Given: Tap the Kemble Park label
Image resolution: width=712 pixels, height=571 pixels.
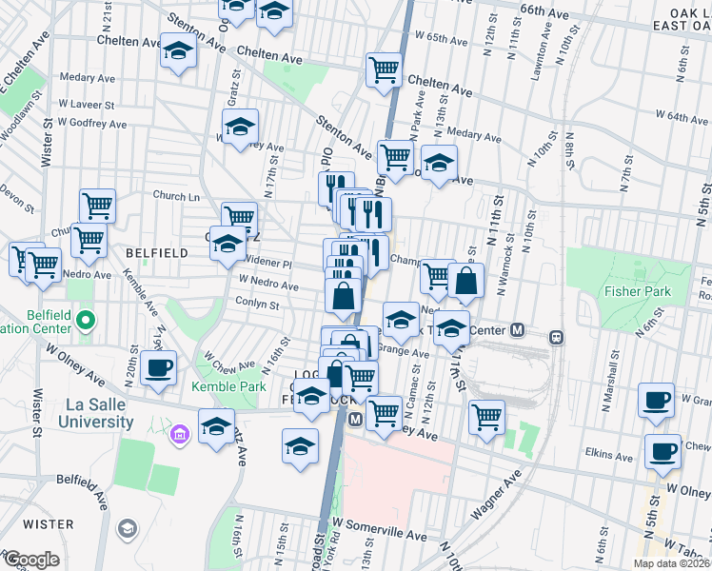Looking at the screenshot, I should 228,386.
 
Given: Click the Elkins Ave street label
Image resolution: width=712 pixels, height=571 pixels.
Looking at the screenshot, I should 610,457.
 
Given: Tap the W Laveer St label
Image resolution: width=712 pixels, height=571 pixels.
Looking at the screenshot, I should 87,105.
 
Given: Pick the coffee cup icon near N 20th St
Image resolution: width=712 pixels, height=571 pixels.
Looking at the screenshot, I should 158,367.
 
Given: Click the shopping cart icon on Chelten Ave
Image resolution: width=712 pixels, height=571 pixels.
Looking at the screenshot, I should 384,69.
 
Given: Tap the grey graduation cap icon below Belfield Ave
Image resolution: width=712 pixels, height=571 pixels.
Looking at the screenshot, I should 126,527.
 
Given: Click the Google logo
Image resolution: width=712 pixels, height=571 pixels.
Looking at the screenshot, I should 31,560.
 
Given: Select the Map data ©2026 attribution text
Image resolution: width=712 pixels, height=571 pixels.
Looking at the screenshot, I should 671,563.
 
